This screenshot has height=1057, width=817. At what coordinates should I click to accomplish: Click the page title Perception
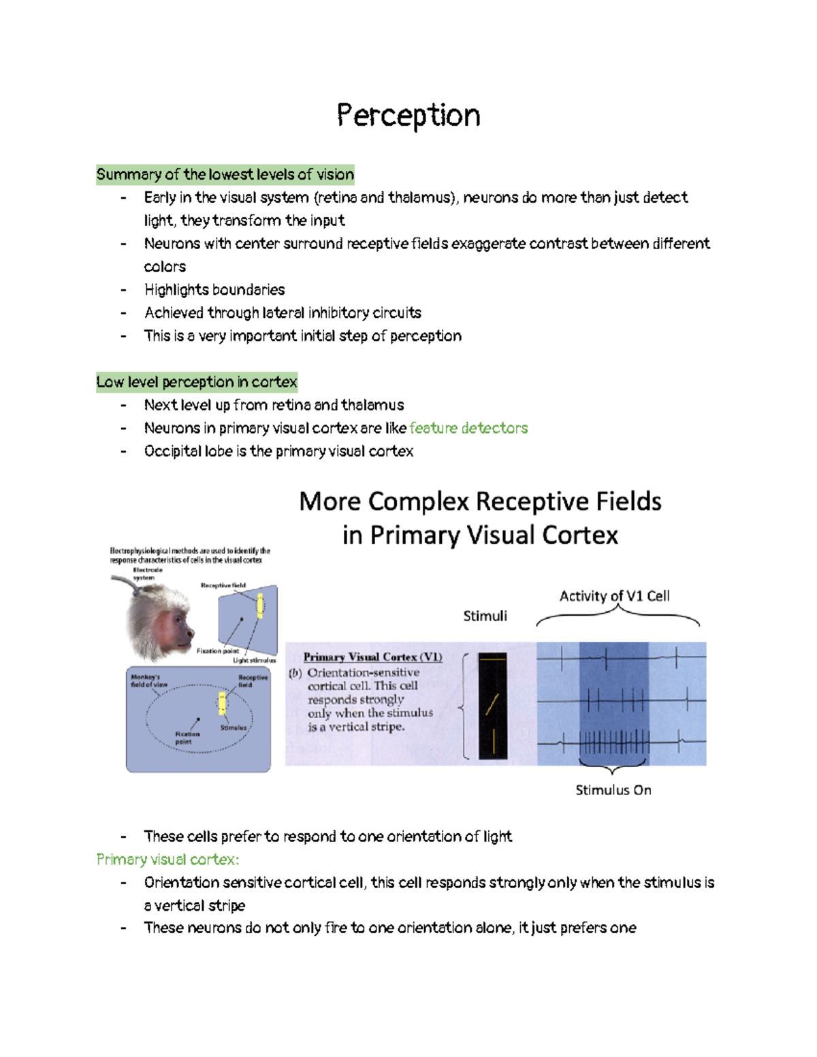408,116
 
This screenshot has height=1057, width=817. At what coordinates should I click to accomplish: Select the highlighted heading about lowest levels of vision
225,175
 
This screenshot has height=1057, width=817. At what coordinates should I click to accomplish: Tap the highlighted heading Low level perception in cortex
197,383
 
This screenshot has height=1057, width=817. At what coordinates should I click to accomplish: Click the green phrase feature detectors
468,428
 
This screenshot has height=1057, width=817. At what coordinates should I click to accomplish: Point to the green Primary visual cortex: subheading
167,860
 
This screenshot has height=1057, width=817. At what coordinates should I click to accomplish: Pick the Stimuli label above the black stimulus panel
485,616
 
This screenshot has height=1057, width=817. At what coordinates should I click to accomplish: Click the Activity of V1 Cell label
614,596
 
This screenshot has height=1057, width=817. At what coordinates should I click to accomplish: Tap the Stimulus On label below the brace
613,790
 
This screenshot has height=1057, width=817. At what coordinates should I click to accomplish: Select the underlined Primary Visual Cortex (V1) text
372,657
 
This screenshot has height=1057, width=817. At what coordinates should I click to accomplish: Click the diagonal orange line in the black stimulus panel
492,704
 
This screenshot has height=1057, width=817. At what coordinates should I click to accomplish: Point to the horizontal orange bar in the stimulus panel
492,658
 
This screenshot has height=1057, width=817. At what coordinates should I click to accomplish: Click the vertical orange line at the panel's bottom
493,742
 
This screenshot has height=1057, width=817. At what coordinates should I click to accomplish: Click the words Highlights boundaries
214,290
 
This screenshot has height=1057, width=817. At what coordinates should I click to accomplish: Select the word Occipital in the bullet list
169,451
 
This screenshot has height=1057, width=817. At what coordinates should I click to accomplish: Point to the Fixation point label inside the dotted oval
187,738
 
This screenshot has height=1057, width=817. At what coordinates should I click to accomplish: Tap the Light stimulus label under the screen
254,660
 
